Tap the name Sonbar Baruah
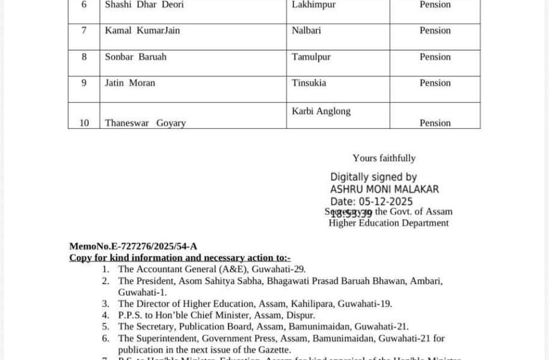136,57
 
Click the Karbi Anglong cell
321,111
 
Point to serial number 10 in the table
84,123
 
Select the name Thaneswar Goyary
145,123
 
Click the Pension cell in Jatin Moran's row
435,83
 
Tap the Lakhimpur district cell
314,5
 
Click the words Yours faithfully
384,158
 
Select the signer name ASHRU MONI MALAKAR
384,189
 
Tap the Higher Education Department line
388,222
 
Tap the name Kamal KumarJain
142,30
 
